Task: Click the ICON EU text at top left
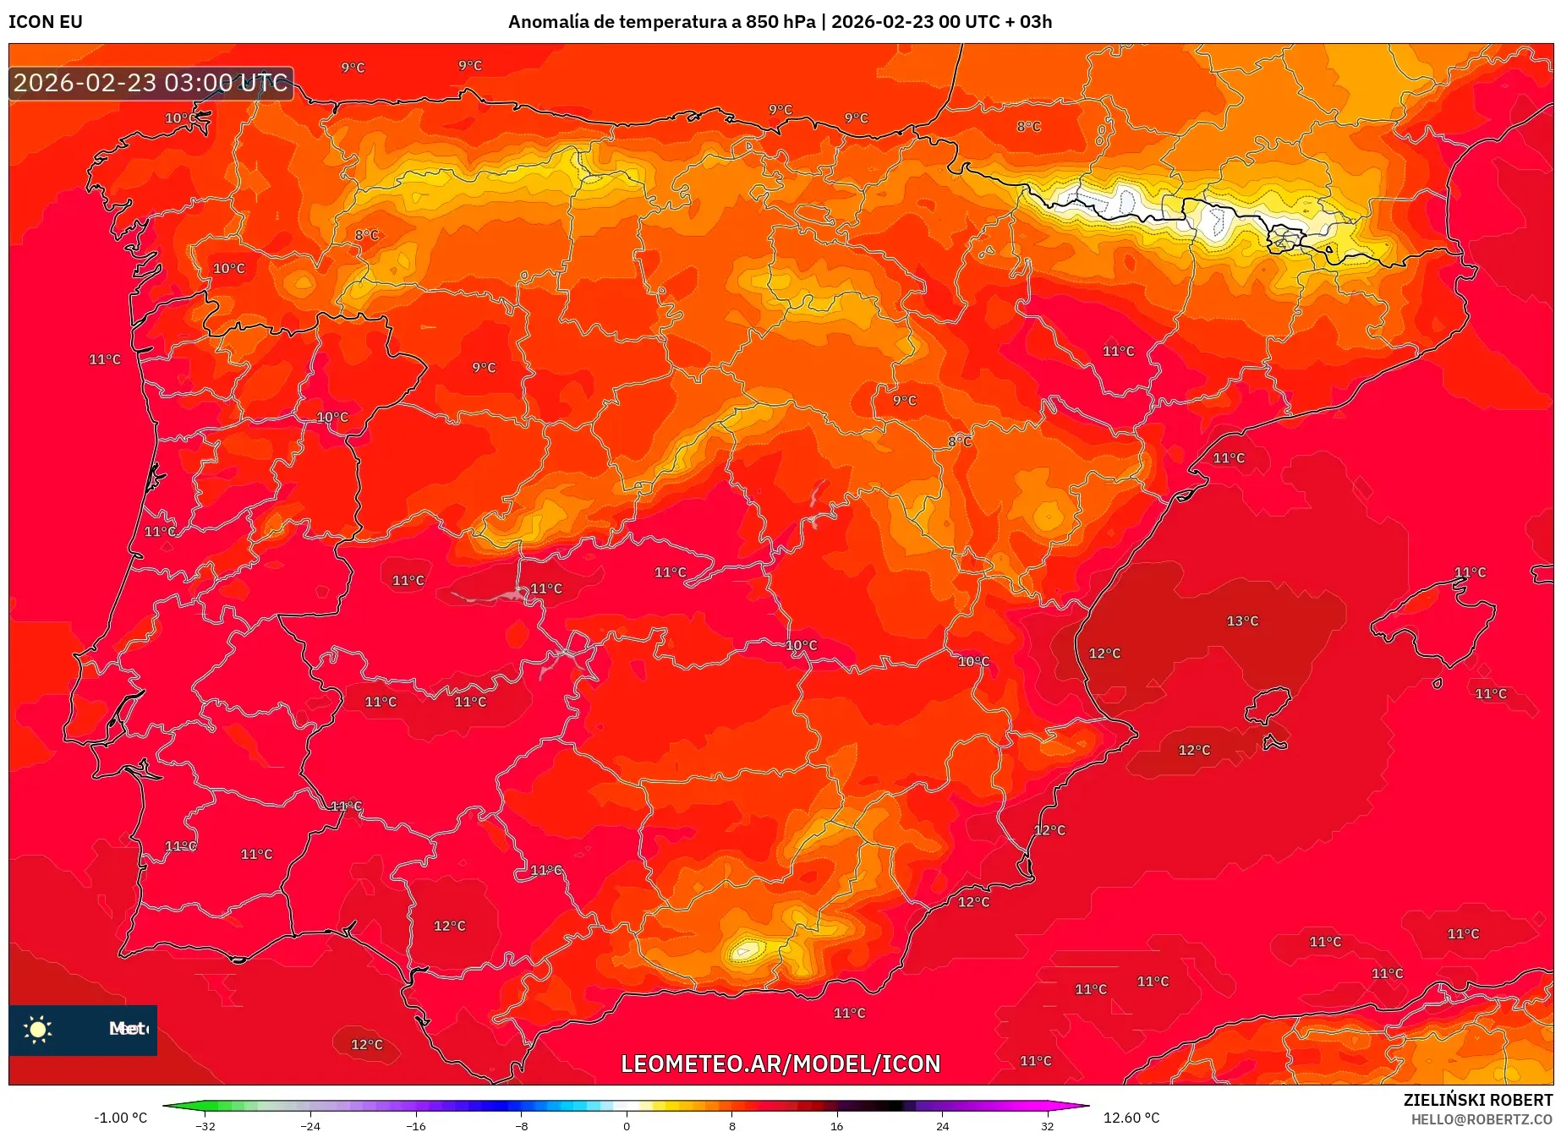coord(46,22)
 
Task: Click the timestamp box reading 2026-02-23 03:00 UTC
coord(151,83)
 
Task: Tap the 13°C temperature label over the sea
coord(1242,621)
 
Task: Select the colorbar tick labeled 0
coord(627,1125)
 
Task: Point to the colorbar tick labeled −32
coord(205,1125)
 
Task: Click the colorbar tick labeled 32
coord(1047,1125)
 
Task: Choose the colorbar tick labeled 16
coord(836,1125)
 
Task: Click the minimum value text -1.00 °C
coord(120,1118)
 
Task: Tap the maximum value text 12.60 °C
coord(1131,1118)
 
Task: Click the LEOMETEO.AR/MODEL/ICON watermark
coord(780,1064)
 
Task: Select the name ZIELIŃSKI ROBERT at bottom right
coord(1477,1100)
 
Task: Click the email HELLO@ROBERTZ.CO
coord(1481,1119)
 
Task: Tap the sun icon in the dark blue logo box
coord(38,1029)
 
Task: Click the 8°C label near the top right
coord(1028,127)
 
